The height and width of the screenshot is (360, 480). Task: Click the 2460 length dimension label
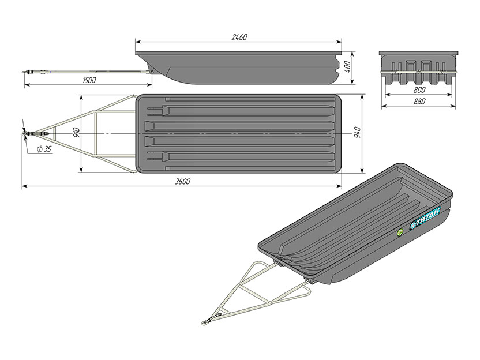click(239, 37)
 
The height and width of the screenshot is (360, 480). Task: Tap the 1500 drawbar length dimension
click(89, 80)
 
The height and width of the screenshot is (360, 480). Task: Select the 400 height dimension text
click(347, 67)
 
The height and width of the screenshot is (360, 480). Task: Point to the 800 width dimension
click(419, 89)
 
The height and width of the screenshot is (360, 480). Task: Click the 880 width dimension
click(419, 101)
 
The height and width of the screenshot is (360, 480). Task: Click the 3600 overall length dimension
click(183, 182)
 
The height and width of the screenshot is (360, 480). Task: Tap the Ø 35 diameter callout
click(44, 149)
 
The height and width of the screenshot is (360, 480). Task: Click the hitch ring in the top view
click(24, 134)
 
